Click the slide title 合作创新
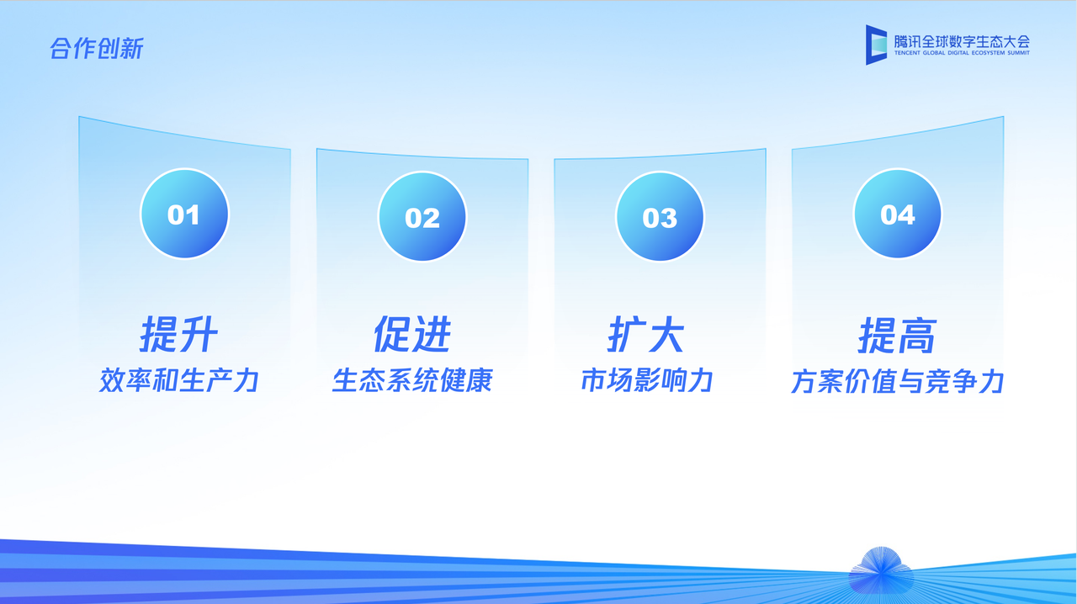point(97,49)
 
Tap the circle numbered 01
point(184,214)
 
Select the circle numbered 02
point(422,217)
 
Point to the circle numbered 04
point(897,215)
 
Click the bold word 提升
point(179,336)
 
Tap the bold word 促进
point(412,335)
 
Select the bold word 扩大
point(646,335)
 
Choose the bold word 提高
point(897,336)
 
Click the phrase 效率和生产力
point(178,380)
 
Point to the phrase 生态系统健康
point(412,380)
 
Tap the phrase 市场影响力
point(646,380)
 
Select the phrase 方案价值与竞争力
point(897,381)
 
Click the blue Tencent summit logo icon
point(877,45)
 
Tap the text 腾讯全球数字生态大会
point(962,40)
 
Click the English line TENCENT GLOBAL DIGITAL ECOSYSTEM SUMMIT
point(962,53)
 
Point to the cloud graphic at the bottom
point(880,570)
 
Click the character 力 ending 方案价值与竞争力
point(993,381)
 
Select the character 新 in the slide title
point(132,49)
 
